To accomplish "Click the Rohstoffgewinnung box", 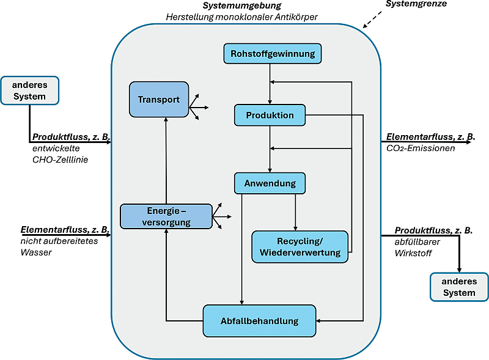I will pos(272,54).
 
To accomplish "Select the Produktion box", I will pos(270,115).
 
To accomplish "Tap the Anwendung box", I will pos(270,183).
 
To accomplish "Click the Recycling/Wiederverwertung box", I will pos(300,247).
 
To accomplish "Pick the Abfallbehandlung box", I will pos(259,321).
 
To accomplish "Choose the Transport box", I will pos(158,100).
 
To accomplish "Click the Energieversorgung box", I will pos(166,216).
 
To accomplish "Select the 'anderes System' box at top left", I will pos(30,90).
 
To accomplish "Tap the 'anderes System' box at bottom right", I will pos(459,287).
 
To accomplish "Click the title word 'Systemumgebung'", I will pos(242,6).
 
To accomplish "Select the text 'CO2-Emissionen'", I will pos(421,148).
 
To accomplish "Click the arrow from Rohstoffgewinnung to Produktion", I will pos(270,84).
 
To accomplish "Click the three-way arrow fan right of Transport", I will pos(199,108).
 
